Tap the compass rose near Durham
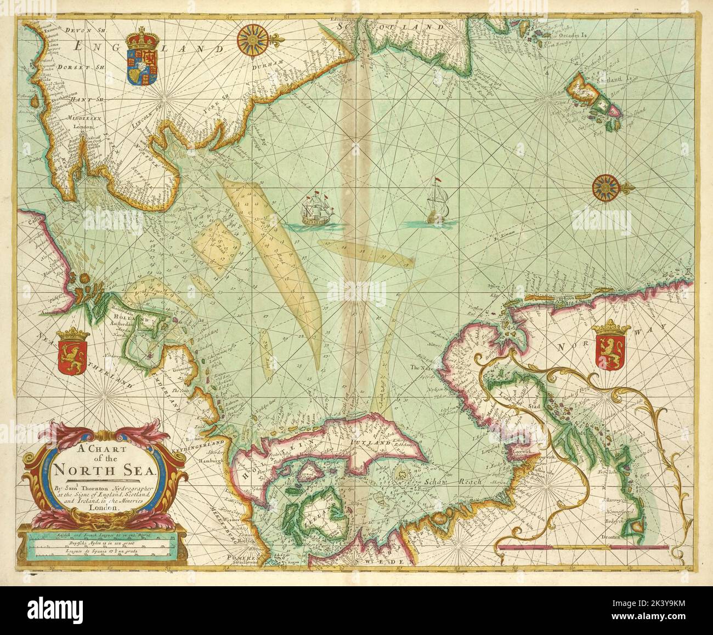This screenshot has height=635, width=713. tap(252, 40)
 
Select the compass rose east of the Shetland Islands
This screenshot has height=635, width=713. tap(605, 187)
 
